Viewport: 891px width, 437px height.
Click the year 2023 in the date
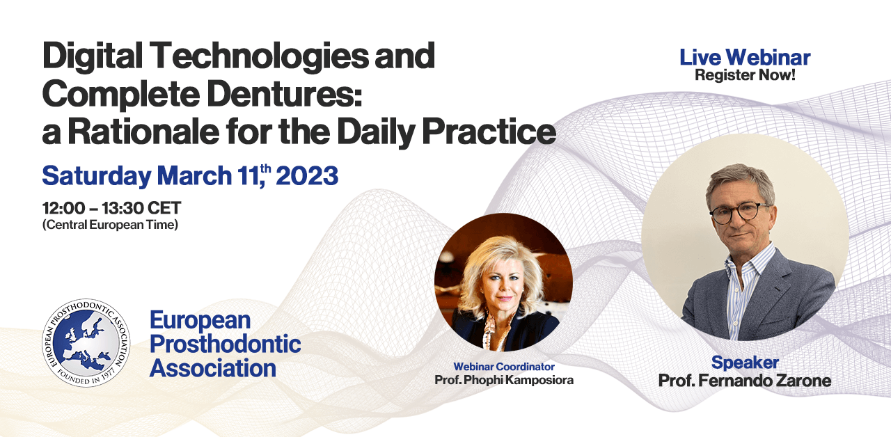coord(307,175)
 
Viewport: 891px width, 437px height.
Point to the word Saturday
coord(96,175)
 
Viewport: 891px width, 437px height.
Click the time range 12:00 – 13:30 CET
coord(111,208)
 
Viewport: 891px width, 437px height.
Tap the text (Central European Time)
coord(110,225)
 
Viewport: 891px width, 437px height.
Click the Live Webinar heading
coord(744,58)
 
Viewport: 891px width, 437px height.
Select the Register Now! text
coord(744,75)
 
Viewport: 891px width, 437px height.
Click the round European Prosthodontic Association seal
coord(86,343)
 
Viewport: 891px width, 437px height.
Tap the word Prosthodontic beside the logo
coord(225,344)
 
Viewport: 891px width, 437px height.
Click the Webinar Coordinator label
coord(503,366)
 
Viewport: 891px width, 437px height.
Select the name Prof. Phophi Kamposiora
coord(503,380)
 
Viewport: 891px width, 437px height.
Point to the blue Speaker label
coord(744,363)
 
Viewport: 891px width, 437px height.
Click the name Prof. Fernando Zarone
coord(744,381)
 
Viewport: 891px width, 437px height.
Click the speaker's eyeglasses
coord(739,213)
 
